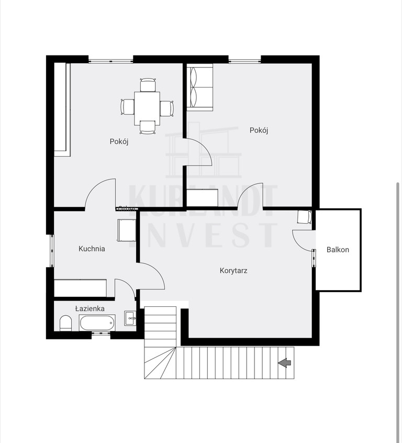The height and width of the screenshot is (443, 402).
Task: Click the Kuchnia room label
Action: point(92,249)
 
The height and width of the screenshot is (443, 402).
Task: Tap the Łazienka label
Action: point(90,308)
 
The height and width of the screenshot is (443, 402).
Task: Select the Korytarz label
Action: point(233,271)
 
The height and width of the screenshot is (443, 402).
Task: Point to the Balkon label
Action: point(338,250)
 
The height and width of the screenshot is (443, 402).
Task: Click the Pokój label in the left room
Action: point(119,141)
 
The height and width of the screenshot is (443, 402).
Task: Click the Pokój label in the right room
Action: point(259,130)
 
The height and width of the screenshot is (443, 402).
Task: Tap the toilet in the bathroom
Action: point(65,323)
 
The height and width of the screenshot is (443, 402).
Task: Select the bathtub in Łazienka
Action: point(97,323)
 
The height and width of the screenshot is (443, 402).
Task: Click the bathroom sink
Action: point(130,318)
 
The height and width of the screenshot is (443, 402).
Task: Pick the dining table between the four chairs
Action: point(147,108)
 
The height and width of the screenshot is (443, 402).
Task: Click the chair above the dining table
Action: point(148,85)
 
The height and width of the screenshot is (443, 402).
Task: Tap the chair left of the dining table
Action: point(127,107)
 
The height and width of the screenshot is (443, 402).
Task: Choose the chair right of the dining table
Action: point(166,108)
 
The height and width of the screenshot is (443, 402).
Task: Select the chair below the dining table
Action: point(148,127)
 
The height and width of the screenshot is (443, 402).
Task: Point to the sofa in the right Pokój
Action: point(199,87)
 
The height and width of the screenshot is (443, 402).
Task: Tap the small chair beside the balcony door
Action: point(305,217)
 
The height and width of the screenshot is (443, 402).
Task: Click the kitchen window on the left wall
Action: point(52,251)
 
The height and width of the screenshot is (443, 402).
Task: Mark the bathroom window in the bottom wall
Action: point(101,334)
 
